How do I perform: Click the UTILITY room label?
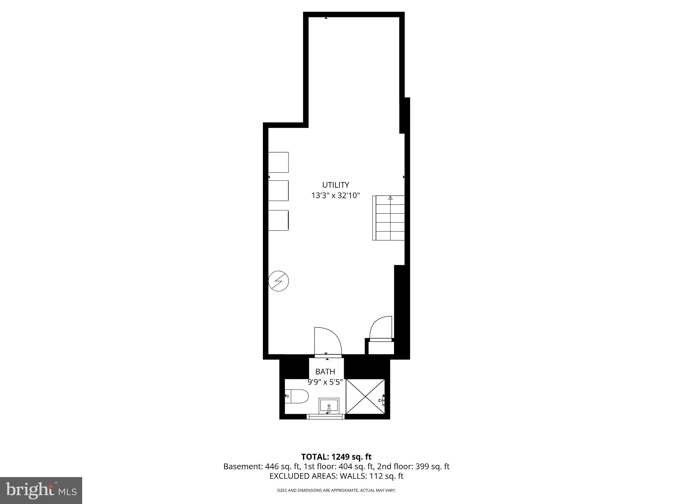coord(336,185)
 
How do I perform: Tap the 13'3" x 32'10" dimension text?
coord(336,196)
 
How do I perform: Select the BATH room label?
coord(325,371)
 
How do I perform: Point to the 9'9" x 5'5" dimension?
coord(325,382)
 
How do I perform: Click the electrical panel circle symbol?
coord(278,281)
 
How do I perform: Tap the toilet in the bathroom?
coord(297,396)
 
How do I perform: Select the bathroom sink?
coord(329,406)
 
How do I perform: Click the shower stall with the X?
coord(365,396)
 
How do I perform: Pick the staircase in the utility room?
coord(388,218)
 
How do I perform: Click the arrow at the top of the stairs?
coord(390,198)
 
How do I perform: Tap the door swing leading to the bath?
coord(327,341)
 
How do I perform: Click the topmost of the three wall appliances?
coord(278,162)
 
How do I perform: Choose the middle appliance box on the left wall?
coord(278,190)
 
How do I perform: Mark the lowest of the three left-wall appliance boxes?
coord(278,220)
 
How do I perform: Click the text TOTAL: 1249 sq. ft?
coord(336,457)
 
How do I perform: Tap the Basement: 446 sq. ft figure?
coord(261,466)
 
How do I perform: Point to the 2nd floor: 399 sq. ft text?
coord(413,466)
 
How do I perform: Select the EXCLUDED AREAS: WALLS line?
coord(336,476)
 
